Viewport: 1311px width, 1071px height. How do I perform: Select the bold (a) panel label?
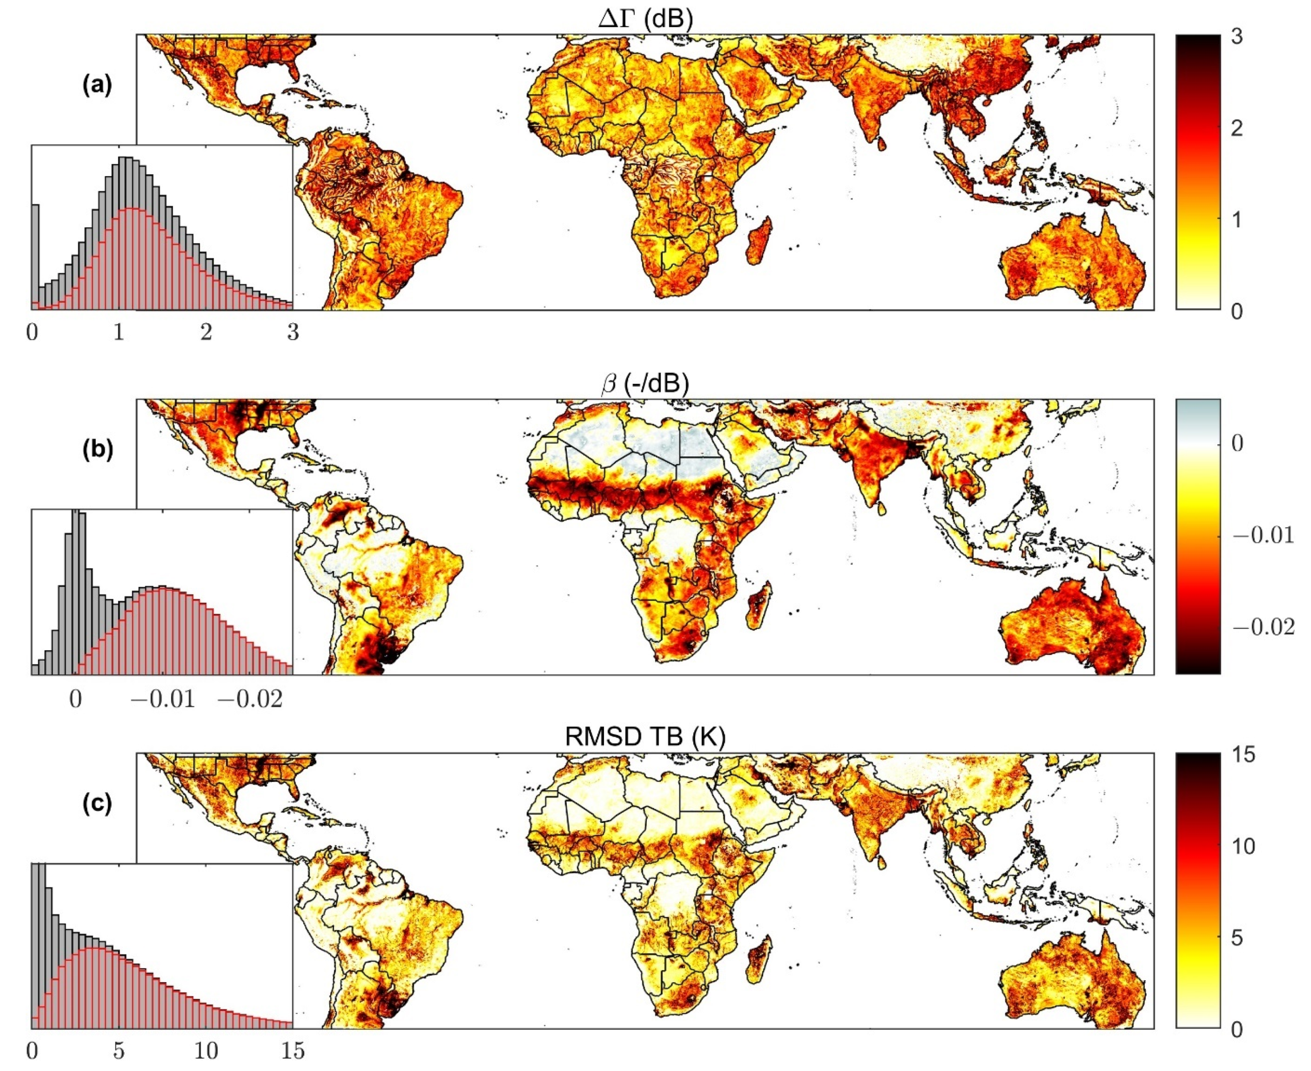[x=98, y=85]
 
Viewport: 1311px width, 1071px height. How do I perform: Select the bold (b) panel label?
[x=98, y=450]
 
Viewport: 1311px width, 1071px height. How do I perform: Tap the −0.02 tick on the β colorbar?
[x=1263, y=627]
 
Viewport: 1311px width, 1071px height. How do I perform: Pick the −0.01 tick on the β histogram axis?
[x=163, y=699]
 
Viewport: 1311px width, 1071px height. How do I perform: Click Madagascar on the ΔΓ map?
[x=757, y=241]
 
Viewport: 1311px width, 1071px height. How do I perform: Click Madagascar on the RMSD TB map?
[x=758, y=960]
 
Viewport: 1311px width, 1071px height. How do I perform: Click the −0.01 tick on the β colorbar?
[x=1263, y=535]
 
